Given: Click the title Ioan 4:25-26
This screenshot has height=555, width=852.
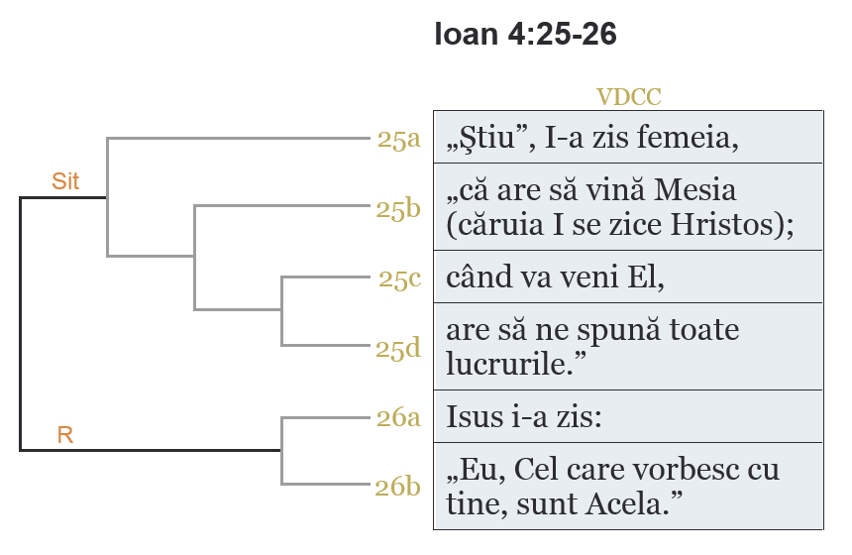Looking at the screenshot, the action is pyautogui.click(x=525, y=35).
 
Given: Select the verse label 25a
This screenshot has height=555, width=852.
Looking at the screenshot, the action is pyautogui.click(x=399, y=139).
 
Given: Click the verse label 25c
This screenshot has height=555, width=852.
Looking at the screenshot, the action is pyautogui.click(x=399, y=278).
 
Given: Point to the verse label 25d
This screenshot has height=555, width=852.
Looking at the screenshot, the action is pyautogui.click(x=399, y=348).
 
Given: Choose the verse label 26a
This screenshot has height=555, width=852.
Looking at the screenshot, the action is pyautogui.click(x=399, y=417).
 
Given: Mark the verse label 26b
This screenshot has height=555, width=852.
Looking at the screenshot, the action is pyautogui.click(x=399, y=487).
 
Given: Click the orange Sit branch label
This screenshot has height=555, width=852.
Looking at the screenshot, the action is pyautogui.click(x=65, y=182).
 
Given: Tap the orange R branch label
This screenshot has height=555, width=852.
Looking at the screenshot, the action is pyautogui.click(x=65, y=435).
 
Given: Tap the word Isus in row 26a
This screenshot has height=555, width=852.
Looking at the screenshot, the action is pyautogui.click(x=473, y=416).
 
